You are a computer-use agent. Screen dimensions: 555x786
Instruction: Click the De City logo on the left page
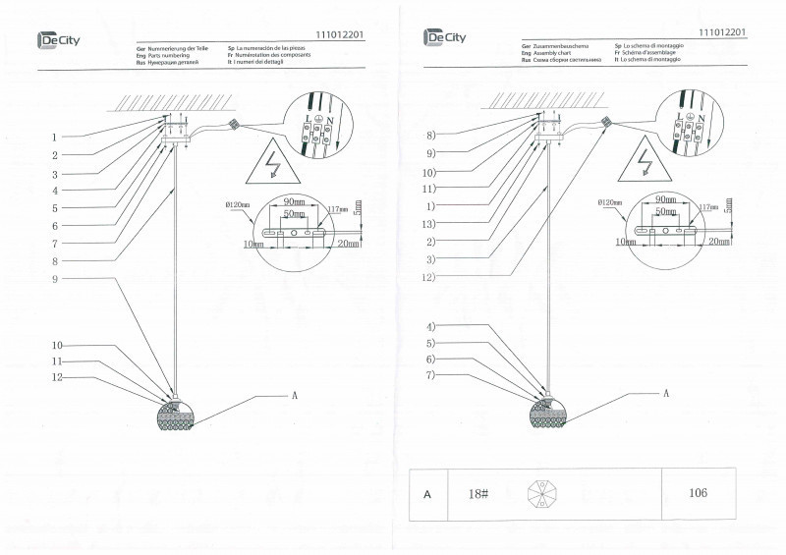(x=59, y=39)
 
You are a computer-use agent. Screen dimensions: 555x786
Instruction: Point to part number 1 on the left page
(x=55, y=137)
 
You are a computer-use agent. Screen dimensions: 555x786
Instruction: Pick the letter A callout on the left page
(x=293, y=394)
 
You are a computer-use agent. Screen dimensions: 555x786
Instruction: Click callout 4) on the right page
(x=430, y=326)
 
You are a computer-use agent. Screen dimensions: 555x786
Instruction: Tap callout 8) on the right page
(x=430, y=134)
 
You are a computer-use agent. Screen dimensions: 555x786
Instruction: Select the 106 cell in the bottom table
(x=699, y=493)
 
